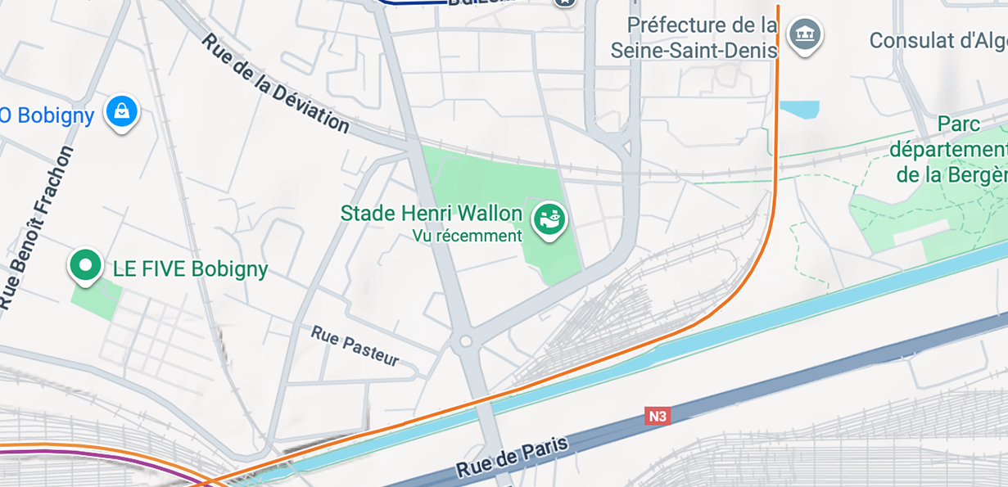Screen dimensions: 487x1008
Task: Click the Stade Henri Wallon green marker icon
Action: coord(549,219)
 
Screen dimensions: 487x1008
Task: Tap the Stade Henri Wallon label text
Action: coord(431,214)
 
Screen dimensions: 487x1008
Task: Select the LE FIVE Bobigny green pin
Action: coord(85,264)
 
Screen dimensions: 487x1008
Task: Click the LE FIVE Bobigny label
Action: coord(190,269)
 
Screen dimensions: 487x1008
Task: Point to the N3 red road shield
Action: coord(657,416)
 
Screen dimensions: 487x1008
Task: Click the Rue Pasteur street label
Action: coord(355,345)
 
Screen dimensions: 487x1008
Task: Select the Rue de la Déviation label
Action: coord(275,83)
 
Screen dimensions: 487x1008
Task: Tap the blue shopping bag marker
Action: coord(121,110)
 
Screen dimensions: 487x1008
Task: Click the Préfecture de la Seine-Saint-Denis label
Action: coord(694,38)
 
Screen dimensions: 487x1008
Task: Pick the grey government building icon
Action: coord(804,34)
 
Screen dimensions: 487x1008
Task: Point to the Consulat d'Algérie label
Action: coord(938,40)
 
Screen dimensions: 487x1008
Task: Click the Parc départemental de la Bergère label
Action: coord(950,150)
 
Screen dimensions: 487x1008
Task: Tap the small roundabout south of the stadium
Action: coord(466,340)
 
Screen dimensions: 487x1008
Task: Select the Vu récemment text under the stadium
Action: coord(467,236)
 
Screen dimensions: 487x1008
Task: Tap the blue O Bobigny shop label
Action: coord(47,115)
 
